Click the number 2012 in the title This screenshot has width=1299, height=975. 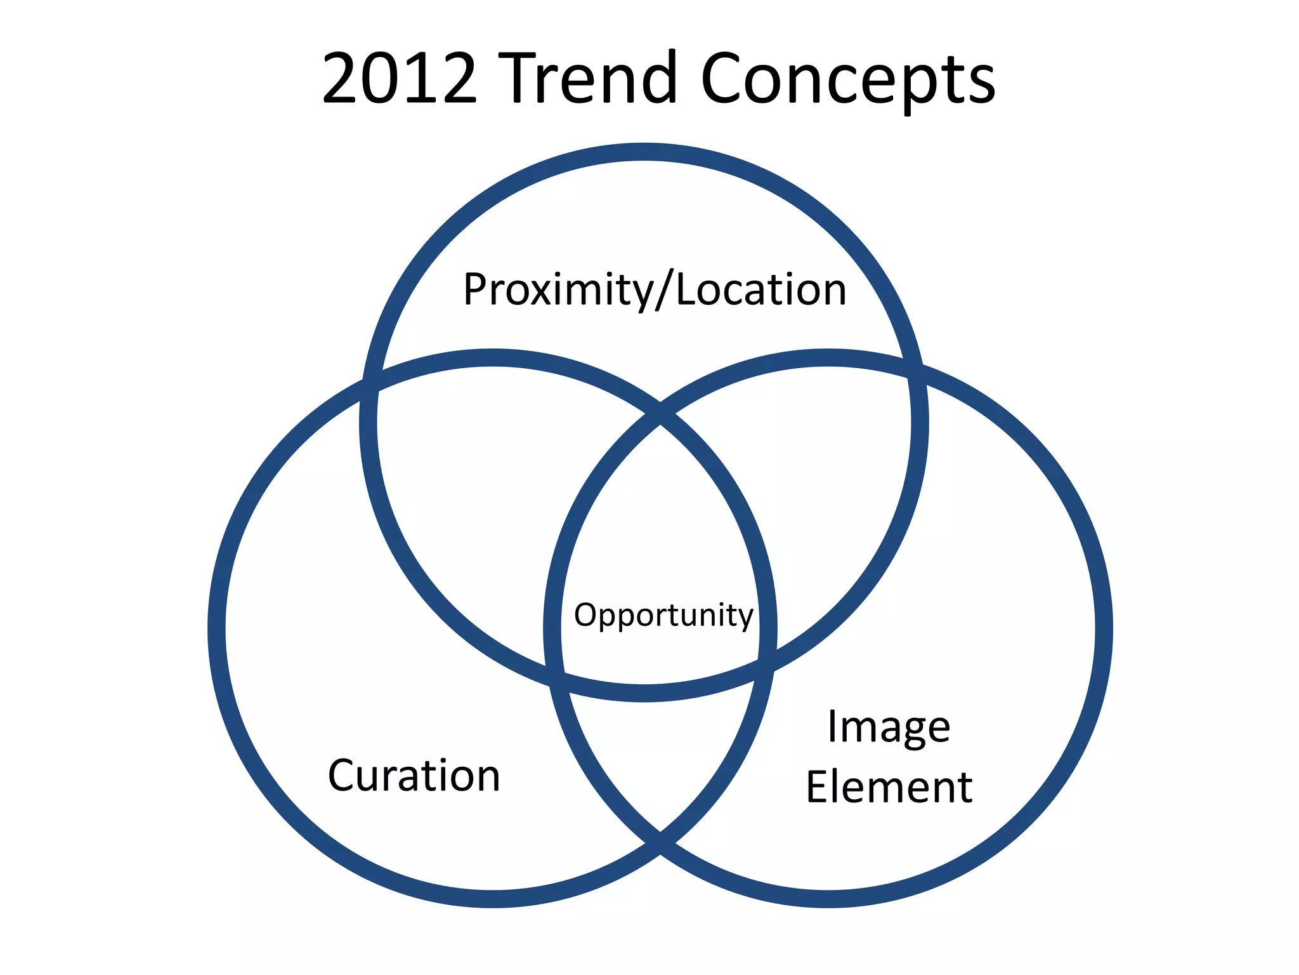(399, 79)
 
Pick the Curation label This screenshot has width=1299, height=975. (414, 776)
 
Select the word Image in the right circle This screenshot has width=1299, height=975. (889, 727)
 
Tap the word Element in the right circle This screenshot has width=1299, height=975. (889, 788)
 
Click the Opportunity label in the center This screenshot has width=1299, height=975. (663, 615)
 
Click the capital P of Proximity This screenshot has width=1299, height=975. (476, 289)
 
